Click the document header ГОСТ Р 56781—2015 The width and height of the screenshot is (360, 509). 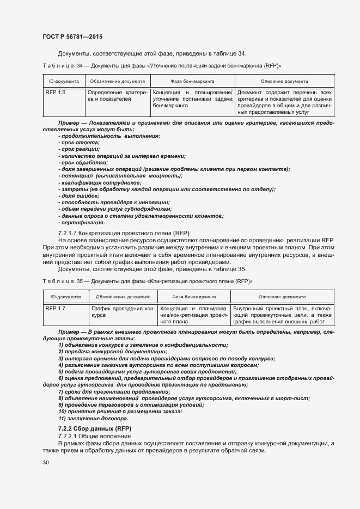click(72, 36)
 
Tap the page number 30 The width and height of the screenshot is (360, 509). click(45, 462)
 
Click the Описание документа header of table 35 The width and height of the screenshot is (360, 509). click(282, 297)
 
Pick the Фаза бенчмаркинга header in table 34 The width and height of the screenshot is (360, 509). click(192, 81)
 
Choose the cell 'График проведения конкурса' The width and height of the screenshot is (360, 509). click(123, 312)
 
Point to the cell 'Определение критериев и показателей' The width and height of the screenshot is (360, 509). click(117, 96)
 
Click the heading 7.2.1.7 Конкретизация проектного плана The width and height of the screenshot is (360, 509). click(124, 233)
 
